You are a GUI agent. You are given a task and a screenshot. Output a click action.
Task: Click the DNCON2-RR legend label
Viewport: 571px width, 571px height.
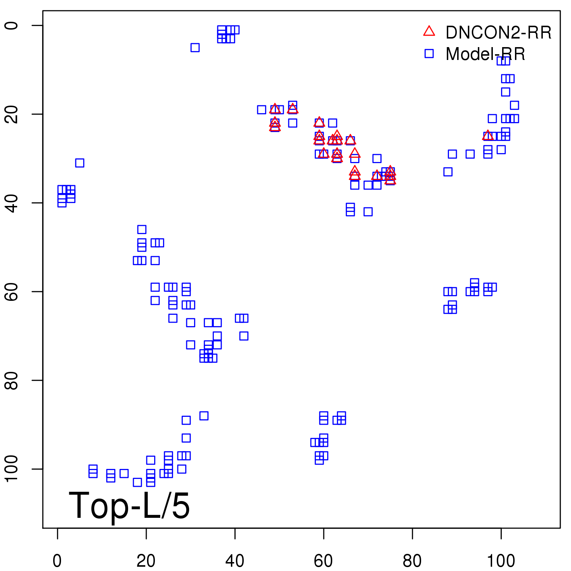click(498, 33)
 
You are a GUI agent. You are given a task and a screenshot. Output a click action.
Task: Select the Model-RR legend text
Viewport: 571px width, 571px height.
click(485, 54)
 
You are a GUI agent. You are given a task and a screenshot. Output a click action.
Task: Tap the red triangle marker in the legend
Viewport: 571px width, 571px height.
click(429, 31)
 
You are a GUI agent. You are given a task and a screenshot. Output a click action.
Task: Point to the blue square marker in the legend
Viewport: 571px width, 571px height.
click(429, 54)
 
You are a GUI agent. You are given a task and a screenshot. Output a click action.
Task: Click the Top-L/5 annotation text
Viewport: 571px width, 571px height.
click(129, 505)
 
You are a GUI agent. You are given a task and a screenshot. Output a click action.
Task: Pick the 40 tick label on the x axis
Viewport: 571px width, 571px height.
click(235, 561)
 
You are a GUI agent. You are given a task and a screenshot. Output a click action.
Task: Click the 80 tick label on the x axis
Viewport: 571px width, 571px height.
click(412, 561)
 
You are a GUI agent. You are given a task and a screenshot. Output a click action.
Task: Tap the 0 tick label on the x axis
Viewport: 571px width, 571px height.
click(57, 561)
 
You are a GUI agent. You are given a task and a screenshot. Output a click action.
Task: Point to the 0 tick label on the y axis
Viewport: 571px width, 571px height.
click(11, 26)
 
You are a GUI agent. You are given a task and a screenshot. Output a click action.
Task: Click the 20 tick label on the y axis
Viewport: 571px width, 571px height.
click(11, 114)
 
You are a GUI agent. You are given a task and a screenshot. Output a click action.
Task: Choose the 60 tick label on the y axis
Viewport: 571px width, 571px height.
click(11, 292)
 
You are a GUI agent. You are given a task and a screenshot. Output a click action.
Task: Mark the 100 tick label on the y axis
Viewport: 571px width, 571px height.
click(11, 469)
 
